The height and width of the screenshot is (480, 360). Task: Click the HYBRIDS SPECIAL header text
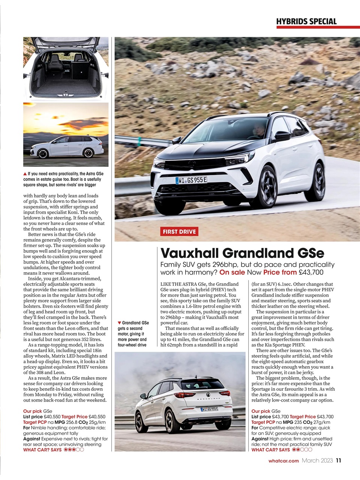click(x=306, y=21)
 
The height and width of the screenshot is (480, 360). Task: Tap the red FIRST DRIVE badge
click(x=179, y=232)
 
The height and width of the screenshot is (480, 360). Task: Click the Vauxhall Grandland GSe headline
click(x=242, y=253)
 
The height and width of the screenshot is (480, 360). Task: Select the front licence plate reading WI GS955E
click(x=191, y=180)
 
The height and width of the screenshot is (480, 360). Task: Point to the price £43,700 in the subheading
click(x=311, y=272)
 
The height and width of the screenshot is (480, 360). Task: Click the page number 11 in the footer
click(x=339, y=461)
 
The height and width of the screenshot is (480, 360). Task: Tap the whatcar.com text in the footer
click(x=283, y=461)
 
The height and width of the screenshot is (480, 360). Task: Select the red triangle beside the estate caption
click(x=25, y=174)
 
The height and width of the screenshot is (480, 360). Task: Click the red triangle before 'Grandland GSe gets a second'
click(x=119, y=323)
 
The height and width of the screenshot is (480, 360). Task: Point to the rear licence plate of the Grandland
click(x=209, y=409)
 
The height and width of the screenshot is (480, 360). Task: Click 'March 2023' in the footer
click(x=317, y=461)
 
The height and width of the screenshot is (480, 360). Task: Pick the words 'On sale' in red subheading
click(x=232, y=272)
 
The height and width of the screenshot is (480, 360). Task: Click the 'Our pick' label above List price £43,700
click(x=261, y=411)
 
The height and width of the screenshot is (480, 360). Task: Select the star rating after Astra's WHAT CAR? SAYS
click(x=73, y=450)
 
